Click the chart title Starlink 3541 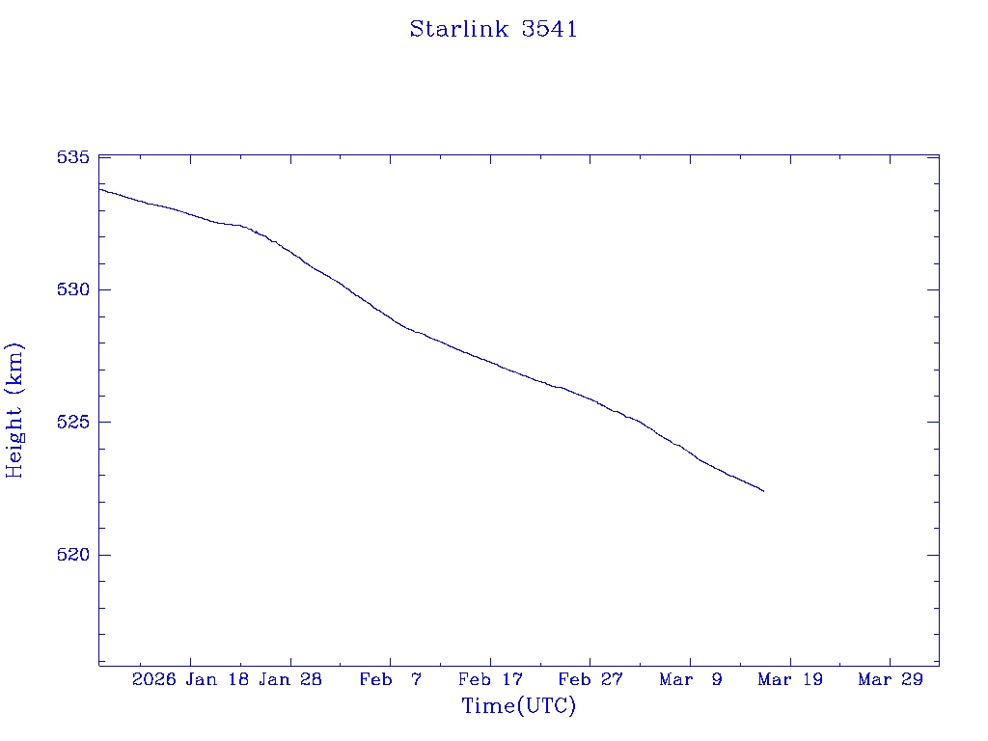[x=493, y=29]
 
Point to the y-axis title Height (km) [x=14, y=410]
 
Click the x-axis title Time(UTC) [x=518, y=706]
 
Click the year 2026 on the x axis [x=154, y=679]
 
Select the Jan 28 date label [x=290, y=679]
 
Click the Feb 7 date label [x=391, y=679]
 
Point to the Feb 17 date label [x=490, y=679]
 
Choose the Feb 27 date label [x=590, y=679]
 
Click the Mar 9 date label [x=691, y=679]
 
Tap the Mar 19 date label [x=790, y=679]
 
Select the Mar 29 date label [x=891, y=679]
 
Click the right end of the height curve [x=763, y=491]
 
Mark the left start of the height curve [x=100, y=189]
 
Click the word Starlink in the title [x=458, y=29]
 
